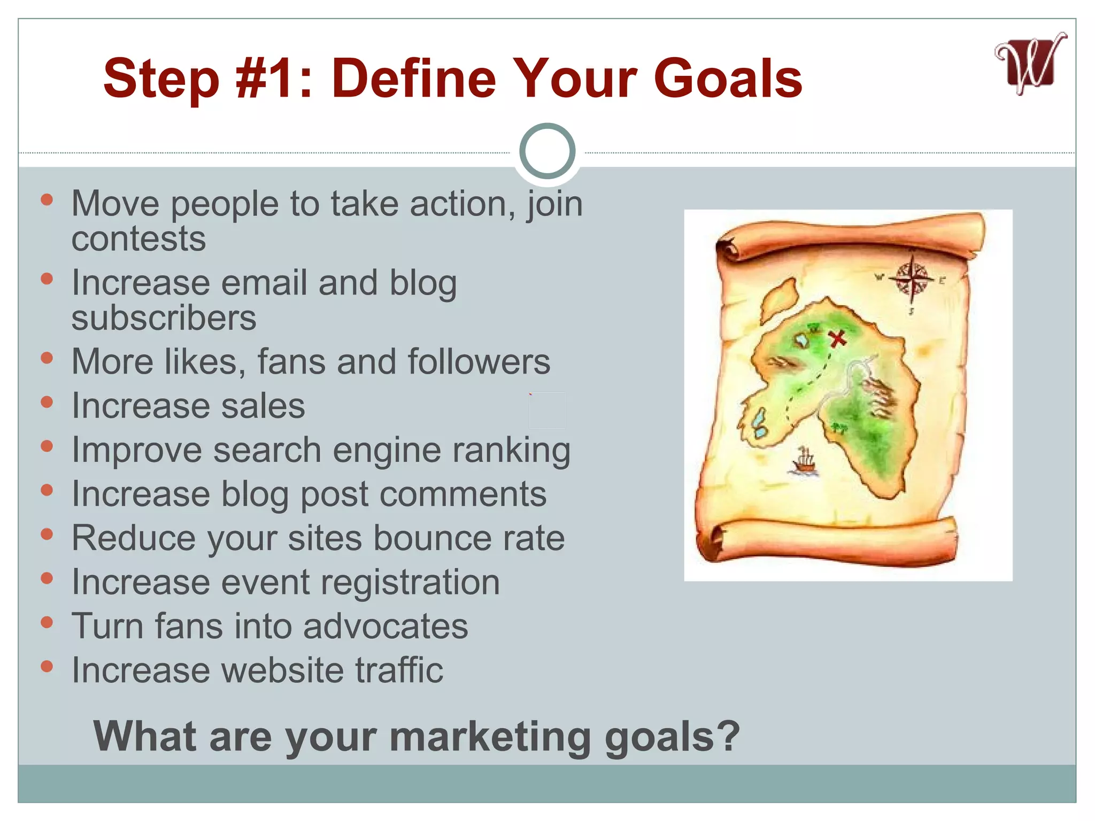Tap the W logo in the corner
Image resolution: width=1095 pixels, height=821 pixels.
coord(1030,65)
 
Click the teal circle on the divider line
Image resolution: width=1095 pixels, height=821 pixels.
coord(547,151)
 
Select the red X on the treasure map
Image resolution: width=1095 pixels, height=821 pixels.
coord(837,338)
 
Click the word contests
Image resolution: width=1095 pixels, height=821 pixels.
coord(138,238)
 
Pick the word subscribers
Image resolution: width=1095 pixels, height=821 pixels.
coord(164,318)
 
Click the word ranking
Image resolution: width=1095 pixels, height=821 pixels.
coord(512,450)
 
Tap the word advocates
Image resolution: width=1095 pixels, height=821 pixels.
coord(385,626)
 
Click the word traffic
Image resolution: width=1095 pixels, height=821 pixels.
coord(399,670)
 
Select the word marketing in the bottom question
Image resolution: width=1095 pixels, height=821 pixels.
coord(491,737)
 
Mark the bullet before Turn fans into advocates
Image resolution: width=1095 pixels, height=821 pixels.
coord(47,622)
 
